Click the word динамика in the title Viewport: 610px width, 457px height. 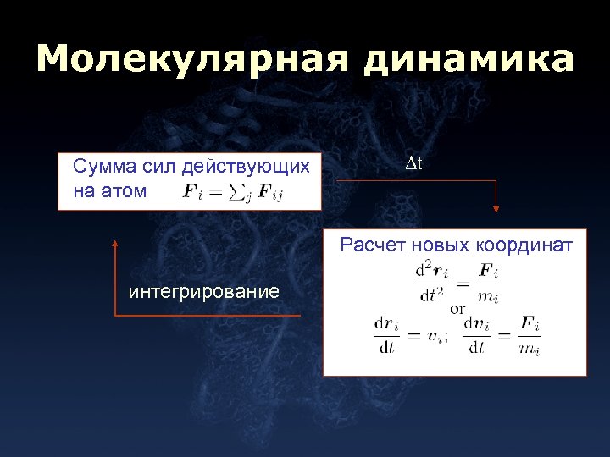coord(469,60)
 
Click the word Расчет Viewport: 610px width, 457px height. coord(373,245)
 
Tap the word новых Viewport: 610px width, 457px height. coord(439,245)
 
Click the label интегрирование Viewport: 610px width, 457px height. coord(203,292)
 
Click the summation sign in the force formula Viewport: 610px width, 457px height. coord(240,192)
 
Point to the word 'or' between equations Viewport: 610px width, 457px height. coord(457,309)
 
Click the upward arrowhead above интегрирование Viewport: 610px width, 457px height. coord(115,241)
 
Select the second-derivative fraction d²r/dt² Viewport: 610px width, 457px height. coord(432,283)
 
